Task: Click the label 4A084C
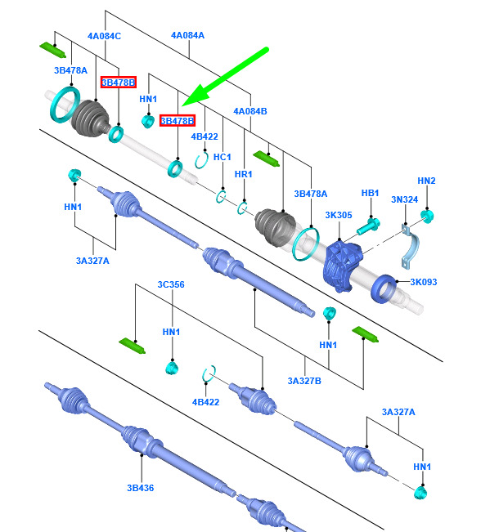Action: tap(104, 36)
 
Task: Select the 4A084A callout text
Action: tap(187, 35)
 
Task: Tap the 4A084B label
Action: tap(250, 111)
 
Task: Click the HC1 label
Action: tap(222, 157)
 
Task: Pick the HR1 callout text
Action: tap(244, 174)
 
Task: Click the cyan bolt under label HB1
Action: tap(368, 226)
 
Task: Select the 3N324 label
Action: tap(404, 199)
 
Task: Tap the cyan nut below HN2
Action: tap(427, 216)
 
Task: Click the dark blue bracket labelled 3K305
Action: tap(343, 265)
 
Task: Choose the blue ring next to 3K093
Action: tap(384, 289)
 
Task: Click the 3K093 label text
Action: tap(424, 282)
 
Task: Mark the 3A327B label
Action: tap(304, 381)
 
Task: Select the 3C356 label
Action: tap(171, 284)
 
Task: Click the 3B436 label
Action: tap(140, 488)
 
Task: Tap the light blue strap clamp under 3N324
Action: tap(411, 247)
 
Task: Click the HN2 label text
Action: tap(426, 181)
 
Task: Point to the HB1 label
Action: tap(370, 193)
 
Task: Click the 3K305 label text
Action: tap(339, 215)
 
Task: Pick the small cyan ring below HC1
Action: tap(222, 197)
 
